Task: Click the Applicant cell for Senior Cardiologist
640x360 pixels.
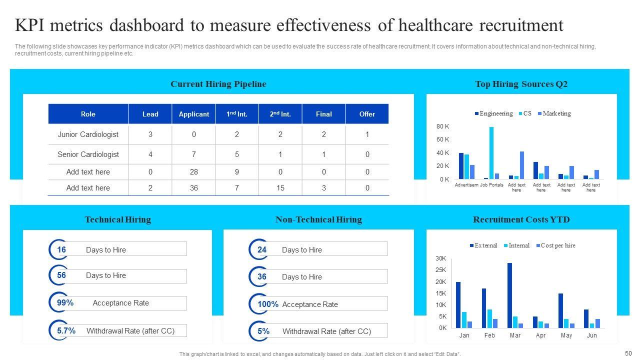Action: click(193, 154)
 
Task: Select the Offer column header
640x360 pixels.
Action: click(367, 114)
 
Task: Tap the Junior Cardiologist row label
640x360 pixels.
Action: click(88, 134)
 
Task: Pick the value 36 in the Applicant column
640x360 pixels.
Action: click(193, 188)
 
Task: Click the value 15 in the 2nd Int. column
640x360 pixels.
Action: click(280, 188)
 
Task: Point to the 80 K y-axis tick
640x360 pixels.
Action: click(443, 126)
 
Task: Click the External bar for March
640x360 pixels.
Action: click(509, 295)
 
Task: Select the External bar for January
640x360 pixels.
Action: click(458, 304)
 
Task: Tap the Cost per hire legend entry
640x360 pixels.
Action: click(555, 245)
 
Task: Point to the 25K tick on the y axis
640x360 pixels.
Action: click(440, 270)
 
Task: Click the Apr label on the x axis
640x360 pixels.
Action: click(540, 335)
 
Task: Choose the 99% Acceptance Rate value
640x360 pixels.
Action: click(65, 302)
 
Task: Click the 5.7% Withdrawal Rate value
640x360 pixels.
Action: click(66, 330)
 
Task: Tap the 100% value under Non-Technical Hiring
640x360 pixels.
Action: click(268, 304)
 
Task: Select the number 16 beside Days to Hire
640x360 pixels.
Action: click(61, 249)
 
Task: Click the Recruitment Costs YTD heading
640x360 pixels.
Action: click(521, 219)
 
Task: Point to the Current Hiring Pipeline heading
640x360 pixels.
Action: click(218, 84)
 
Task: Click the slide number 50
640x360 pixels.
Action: click(628, 353)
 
